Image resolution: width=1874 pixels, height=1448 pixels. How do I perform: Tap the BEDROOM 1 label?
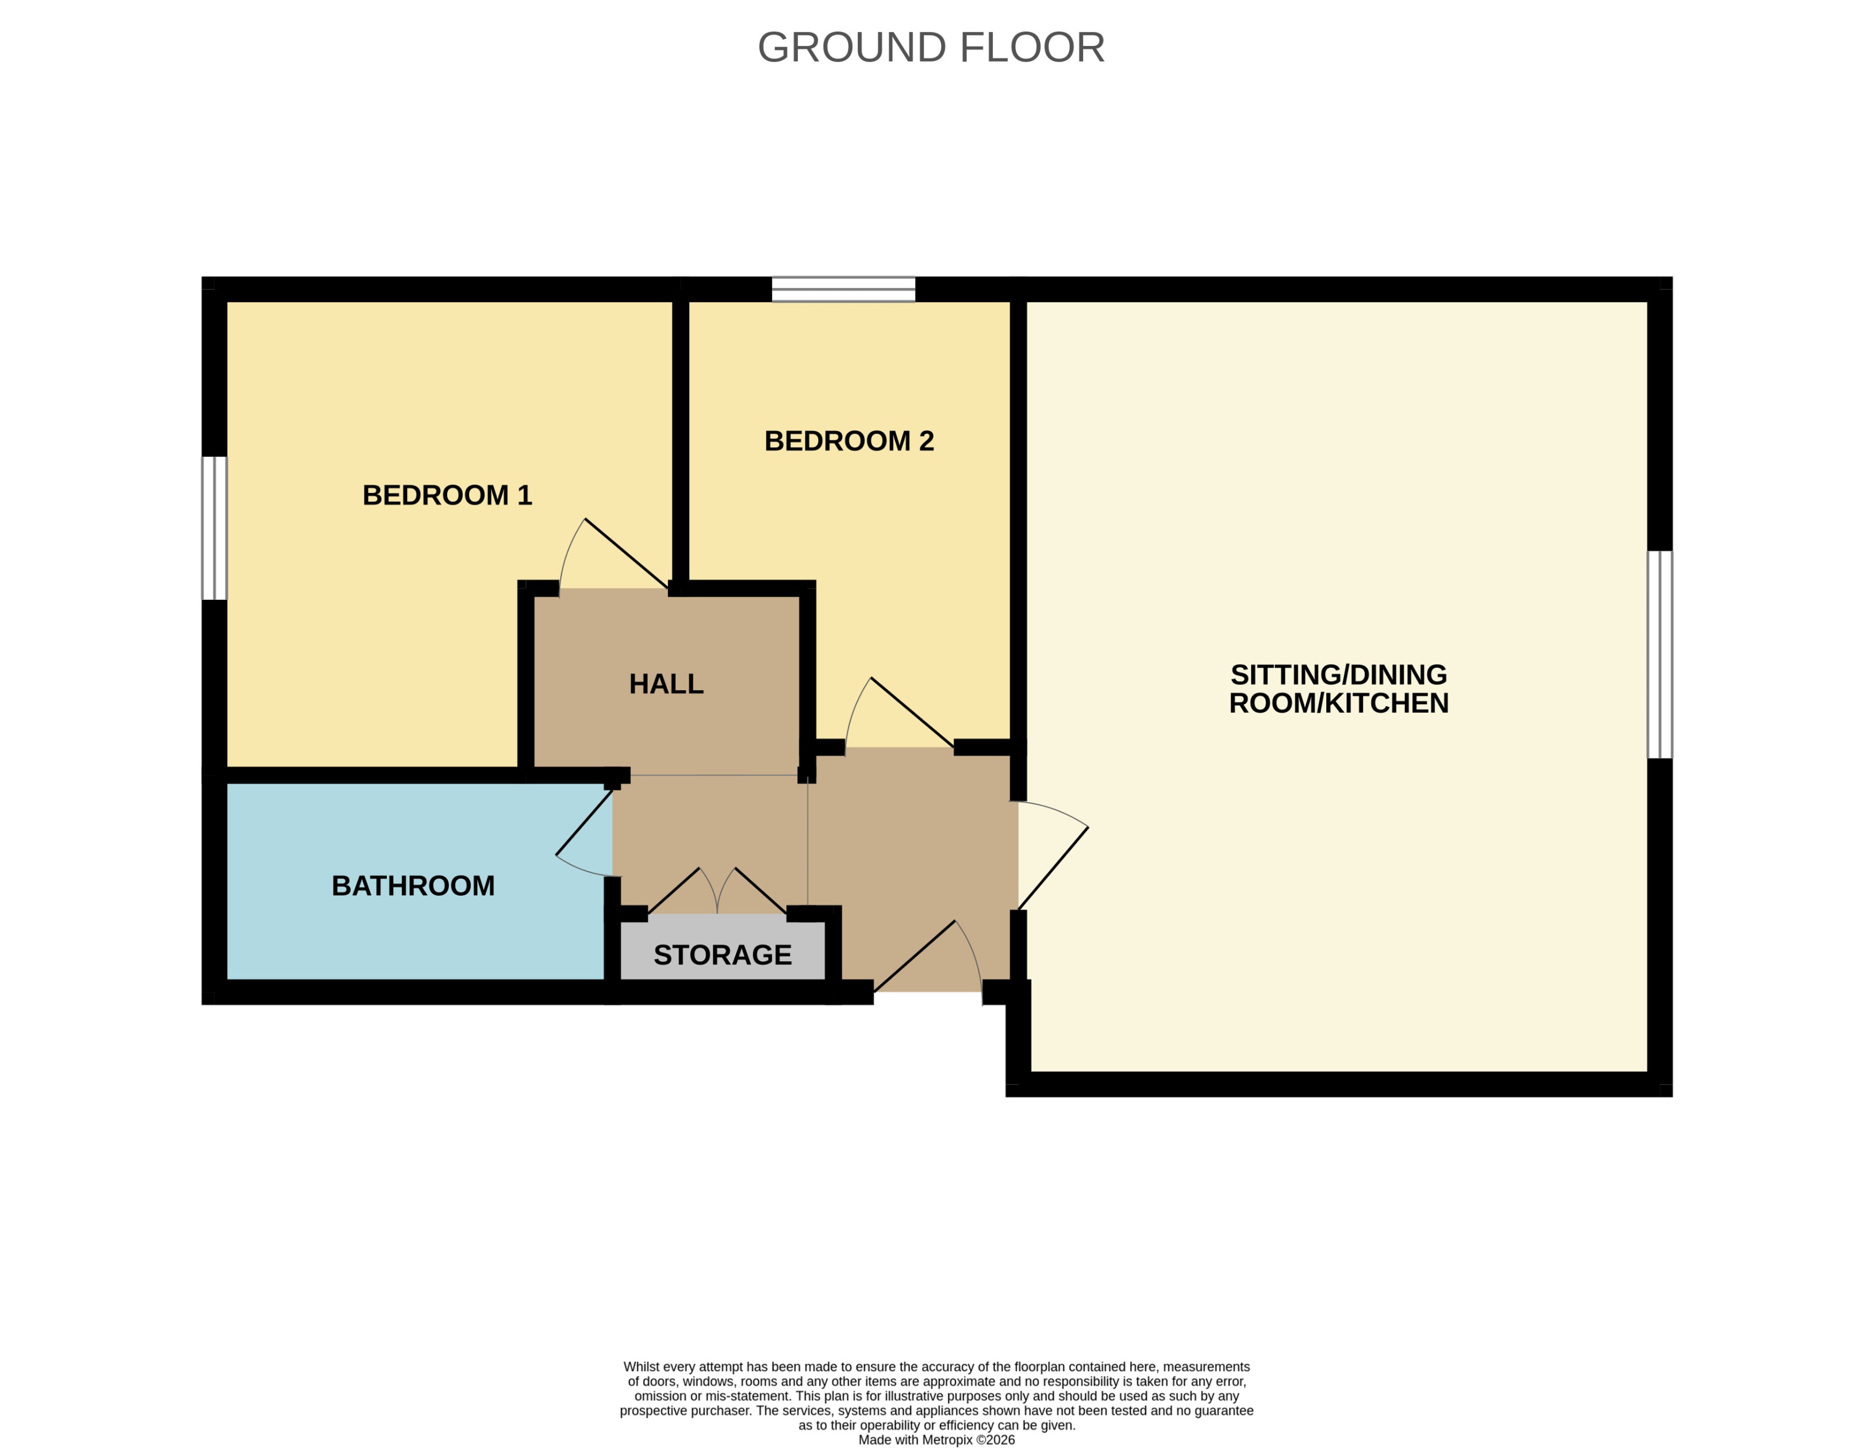[447, 495]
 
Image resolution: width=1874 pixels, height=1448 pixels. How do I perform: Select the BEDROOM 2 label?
[848, 441]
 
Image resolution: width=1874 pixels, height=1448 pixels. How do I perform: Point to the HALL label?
[666, 684]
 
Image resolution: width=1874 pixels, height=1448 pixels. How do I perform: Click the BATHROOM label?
[413, 885]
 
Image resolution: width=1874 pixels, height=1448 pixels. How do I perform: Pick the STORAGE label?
[723, 955]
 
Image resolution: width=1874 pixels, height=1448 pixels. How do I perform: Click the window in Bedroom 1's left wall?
[214, 527]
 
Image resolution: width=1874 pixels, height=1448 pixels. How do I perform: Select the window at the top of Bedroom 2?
[843, 289]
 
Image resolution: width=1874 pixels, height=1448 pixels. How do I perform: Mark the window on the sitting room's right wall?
[1660, 654]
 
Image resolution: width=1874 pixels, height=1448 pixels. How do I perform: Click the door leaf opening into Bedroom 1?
[627, 553]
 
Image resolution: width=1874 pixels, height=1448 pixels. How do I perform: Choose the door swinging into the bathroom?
[585, 822]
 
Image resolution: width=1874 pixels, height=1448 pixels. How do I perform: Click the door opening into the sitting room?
[1054, 868]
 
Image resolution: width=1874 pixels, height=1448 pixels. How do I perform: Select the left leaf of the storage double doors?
[674, 891]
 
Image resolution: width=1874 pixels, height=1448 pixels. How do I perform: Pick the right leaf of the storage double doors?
[761, 891]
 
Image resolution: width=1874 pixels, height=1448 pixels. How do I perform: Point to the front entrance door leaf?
[915, 957]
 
